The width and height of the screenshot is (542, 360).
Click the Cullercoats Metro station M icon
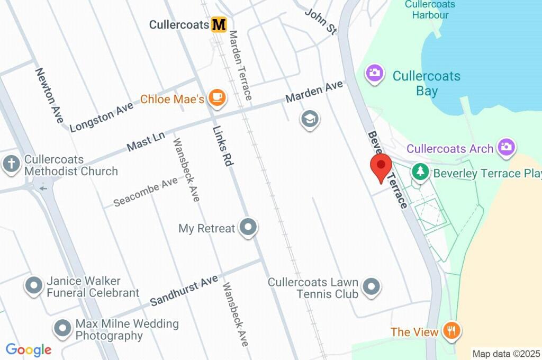(219, 24)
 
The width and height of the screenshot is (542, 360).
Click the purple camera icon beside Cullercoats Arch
(507, 148)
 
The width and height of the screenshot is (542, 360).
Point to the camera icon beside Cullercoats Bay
(375, 74)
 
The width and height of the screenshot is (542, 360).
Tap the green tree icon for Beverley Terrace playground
(420, 172)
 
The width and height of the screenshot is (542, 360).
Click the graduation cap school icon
(310, 120)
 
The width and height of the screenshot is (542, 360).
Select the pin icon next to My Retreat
(248, 228)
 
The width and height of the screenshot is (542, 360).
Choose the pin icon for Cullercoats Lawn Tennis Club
(372, 287)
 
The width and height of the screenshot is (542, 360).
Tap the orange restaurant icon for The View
(451, 332)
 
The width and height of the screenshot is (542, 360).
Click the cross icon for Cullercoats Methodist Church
(11, 164)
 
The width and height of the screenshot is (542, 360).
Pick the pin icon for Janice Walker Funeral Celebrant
(34, 286)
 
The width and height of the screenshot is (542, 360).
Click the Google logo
(29, 350)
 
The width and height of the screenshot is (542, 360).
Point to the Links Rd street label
(223, 146)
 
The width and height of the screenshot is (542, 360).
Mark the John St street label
(321, 21)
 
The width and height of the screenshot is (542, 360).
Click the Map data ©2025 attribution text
(506, 353)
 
